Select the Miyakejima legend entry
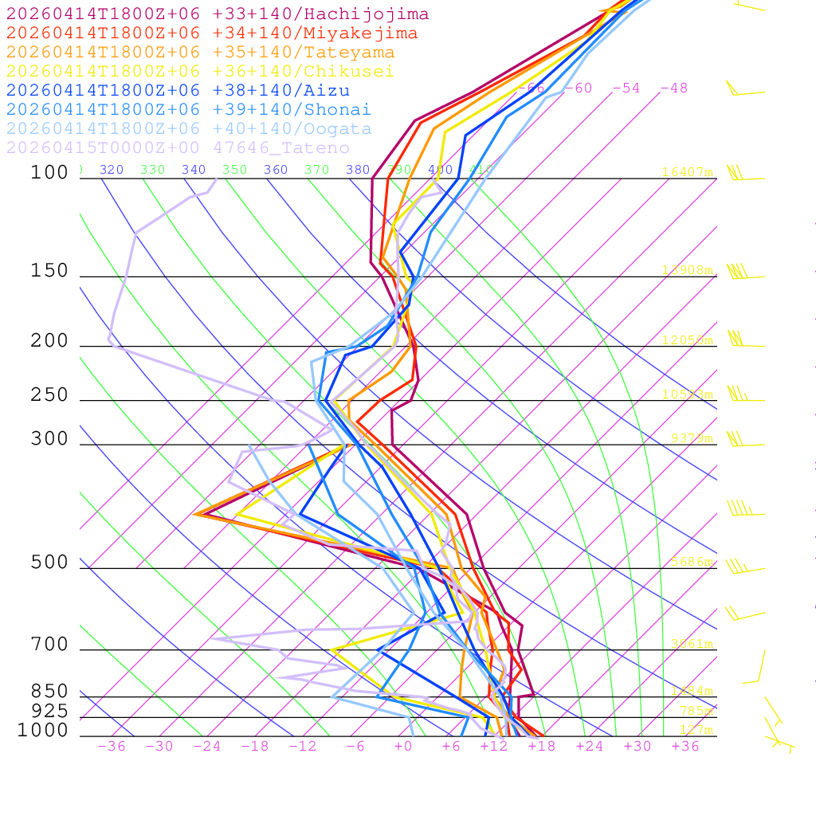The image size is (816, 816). [x=211, y=33]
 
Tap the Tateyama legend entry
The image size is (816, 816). [x=200, y=53]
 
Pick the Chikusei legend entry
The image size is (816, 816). [x=199, y=72]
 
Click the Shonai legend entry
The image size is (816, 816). [x=188, y=110]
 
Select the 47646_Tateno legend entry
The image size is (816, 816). [x=178, y=148]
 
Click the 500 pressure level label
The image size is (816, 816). [x=50, y=563]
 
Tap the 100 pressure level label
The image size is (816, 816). [x=50, y=172]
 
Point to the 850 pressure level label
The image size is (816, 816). [x=50, y=692]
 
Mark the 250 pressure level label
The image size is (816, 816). [x=50, y=395]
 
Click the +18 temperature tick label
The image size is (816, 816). [x=541, y=747]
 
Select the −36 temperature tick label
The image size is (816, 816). [x=111, y=747]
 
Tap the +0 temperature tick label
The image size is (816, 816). [x=403, y=747]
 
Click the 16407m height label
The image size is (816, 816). [x=688, y=172]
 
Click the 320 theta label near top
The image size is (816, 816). [x=112, y=170]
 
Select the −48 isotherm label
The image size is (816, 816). [x=674, y=88]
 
